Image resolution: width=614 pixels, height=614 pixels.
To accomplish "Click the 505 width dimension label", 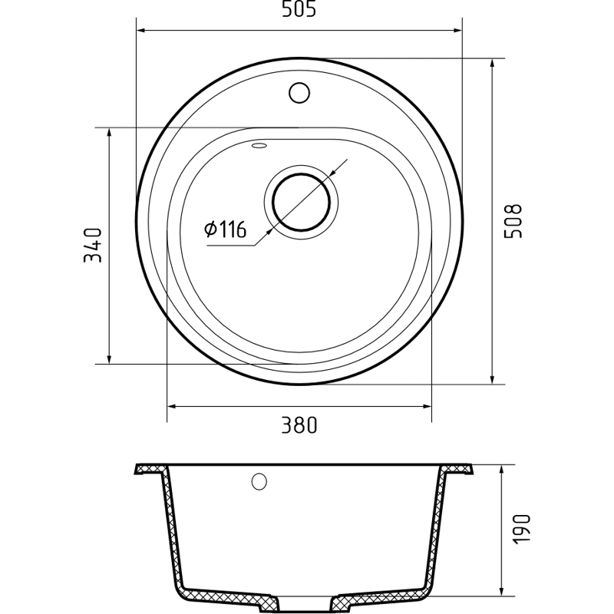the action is [299, 9].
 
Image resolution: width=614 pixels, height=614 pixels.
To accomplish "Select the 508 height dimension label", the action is [513, 221].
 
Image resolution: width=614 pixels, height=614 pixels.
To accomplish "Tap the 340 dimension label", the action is [93, 246].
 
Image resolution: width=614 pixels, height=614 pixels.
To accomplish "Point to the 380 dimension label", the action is [299, 425].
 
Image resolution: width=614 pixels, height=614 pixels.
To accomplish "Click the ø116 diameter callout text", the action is [225, 229].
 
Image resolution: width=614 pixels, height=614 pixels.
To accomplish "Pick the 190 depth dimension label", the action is [521, 528].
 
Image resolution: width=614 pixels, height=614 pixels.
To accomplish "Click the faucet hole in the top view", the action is [299, 93].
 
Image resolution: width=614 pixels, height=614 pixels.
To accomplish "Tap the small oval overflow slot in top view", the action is [259, 146].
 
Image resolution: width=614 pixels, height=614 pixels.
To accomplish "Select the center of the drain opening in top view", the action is [301, 203].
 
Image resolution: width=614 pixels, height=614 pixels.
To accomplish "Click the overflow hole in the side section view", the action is [259, 481].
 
